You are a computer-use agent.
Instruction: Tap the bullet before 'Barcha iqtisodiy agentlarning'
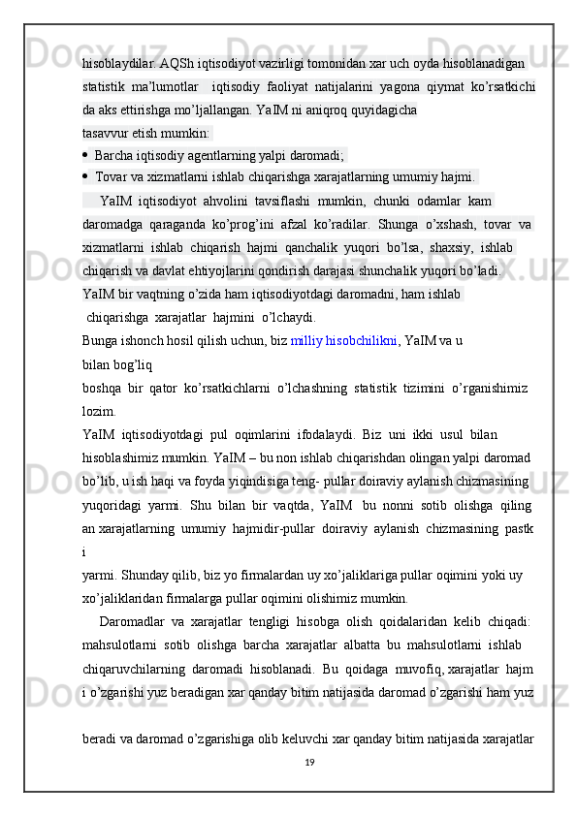[86, 154]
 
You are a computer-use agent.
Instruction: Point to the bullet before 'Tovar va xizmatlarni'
[86, 177]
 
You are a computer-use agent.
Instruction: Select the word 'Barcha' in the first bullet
[113, 155]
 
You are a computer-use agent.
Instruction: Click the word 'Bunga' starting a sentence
[101, 340]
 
